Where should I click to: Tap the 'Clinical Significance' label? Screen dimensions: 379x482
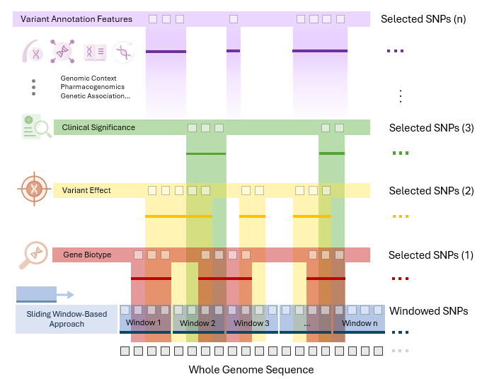click(98, 128)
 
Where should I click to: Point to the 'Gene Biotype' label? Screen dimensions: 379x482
click(87, 255)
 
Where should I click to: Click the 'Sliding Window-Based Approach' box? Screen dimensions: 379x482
click(65, 319)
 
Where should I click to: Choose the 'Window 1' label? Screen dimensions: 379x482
click(144, 323)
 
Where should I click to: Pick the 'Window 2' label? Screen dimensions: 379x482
click(197, 323)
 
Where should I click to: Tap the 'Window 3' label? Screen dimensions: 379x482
click(251, 323)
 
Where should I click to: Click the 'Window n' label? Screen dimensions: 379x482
click(359, 323)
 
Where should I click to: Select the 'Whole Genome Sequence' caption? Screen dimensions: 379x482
click(251, 370)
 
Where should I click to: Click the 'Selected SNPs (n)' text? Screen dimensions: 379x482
click(423, 19)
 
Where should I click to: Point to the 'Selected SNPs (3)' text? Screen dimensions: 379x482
click(431, 129)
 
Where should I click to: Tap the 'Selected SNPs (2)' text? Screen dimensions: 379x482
click(431, 191)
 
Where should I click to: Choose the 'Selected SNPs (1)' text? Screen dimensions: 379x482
click(431, 255)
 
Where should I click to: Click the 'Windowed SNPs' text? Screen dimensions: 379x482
click(428, 311)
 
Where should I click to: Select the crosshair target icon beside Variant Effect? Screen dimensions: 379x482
click(33, 189)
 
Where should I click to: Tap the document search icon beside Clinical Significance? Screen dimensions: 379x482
click(34, 127)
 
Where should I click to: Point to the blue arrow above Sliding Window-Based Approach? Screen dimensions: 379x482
click(45, 294)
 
